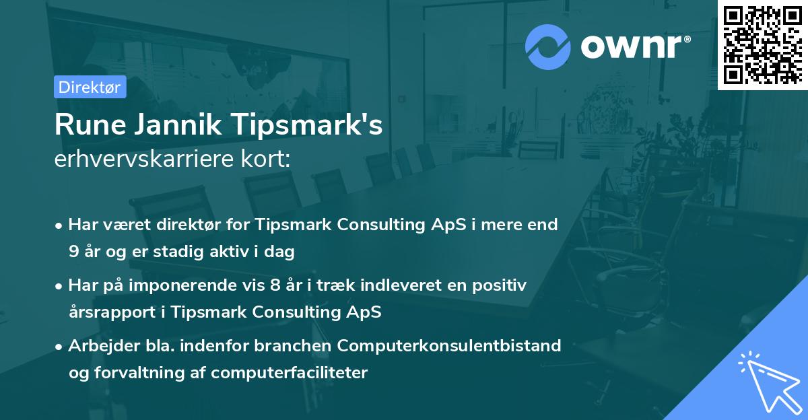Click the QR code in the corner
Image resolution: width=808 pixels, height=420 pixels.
tap(762, 44)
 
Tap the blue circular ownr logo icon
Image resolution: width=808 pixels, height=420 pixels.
tap(547, 47)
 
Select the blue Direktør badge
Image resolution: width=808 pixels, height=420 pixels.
tap(90, 87)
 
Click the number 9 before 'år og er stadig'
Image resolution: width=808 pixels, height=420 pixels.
tap(73, 252)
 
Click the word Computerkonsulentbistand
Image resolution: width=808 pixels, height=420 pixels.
tap(449, 345)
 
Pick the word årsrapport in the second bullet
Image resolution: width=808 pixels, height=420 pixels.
tap(108, 312)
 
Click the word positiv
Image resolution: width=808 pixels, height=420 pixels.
tap(501, 285)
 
